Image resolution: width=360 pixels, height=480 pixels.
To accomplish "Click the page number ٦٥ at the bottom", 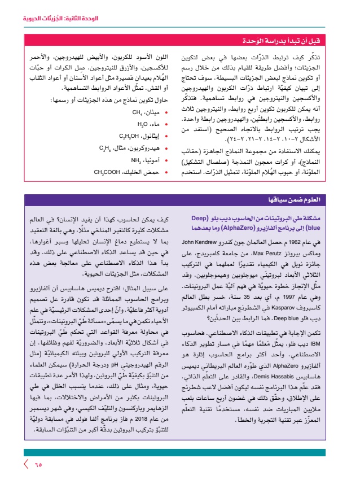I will (38, 464).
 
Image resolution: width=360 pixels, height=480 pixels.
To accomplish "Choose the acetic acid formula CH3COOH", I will (105, 171).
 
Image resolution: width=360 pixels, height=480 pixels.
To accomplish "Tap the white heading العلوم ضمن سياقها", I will (315, 199).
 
